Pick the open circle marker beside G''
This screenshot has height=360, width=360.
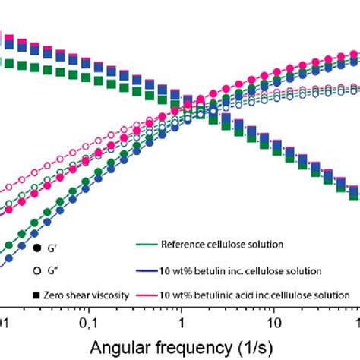[x=36, y=271]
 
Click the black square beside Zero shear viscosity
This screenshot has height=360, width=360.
[x=36, y=294]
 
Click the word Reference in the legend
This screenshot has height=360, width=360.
[x=183, y=244]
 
